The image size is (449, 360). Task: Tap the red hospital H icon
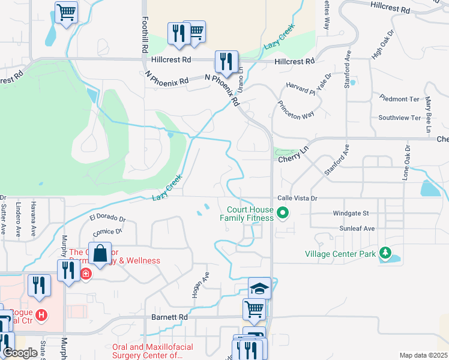coord(41,314)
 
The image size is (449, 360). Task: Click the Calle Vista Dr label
coord(297,198)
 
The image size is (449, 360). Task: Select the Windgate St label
coord(351,213)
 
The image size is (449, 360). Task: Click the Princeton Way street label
coord(296,110)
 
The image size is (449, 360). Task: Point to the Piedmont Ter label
coord(399,98)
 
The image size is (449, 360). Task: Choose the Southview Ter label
coord(399,118)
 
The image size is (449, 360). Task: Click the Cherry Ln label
coord(292,160)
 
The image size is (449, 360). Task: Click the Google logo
coord(20,353)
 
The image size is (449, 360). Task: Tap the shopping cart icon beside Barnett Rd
coord(254,310)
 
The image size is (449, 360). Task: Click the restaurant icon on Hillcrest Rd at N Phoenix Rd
coord(226,61)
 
